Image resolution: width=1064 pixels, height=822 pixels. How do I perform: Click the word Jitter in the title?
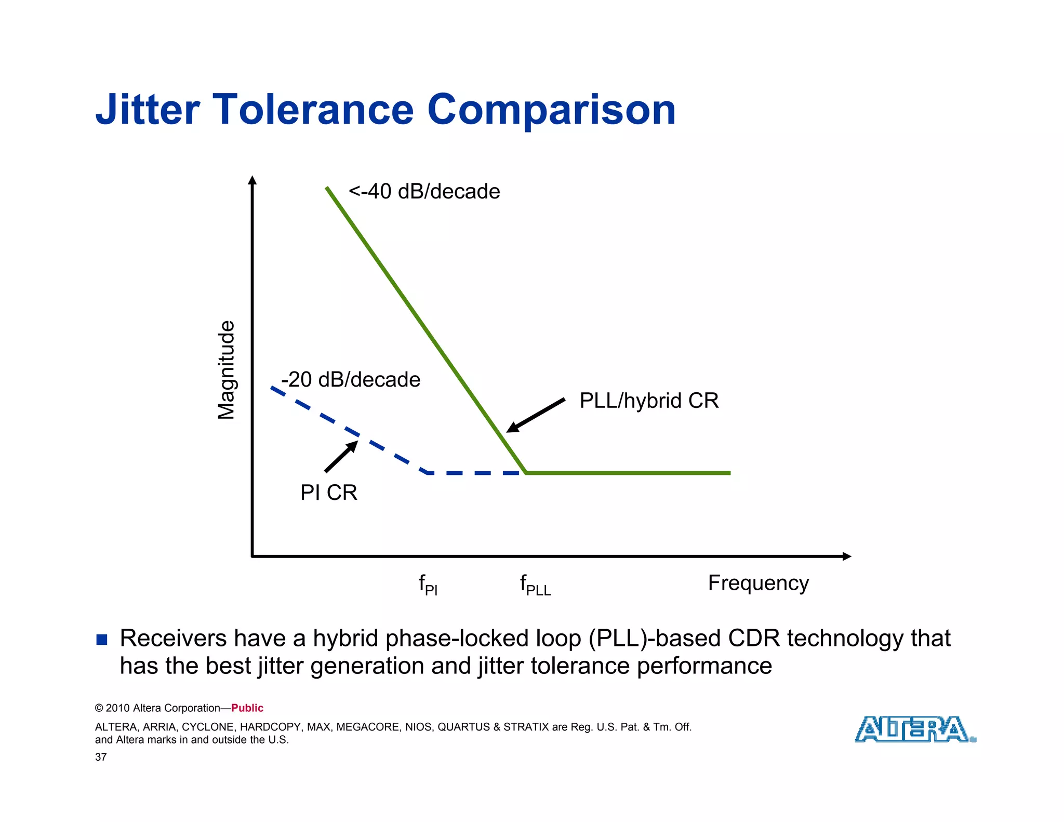coord(148,110)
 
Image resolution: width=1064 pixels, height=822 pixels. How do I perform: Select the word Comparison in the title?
coord(551,110)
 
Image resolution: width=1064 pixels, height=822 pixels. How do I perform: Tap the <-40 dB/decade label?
coord(424,192)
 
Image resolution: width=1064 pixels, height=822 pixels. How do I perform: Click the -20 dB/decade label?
coord(351,380)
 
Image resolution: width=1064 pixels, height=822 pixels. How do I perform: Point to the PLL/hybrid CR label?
coord(649,401)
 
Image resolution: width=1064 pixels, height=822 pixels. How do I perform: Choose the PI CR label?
coord(328,493)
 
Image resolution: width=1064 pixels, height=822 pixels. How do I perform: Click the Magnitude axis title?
coord(226,369)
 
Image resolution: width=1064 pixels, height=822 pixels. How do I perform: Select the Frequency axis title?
coord(758,583)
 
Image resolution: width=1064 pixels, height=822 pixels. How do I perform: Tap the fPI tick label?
coord(428,585)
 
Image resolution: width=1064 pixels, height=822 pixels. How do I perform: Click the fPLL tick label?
coord(535,585)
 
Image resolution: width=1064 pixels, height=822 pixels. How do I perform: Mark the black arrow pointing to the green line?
coord(536,415)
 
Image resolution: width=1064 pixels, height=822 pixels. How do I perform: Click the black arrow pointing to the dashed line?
coord(341,456)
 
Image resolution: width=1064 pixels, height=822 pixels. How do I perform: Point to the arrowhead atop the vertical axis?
coord(252,180)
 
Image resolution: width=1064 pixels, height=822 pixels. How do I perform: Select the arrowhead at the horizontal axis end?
coord(846,556)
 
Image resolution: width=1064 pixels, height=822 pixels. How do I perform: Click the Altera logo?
coord(915,729)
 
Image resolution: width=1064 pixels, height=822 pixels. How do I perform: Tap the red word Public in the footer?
coord(247,708)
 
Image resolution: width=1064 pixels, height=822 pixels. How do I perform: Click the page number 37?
coord(101,757)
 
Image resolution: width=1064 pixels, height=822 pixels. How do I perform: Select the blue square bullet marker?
coord(102,640)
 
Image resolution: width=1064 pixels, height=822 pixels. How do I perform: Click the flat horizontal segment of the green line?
coord(629,473)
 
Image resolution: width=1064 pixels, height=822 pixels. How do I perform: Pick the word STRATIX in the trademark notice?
coord(526,727)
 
